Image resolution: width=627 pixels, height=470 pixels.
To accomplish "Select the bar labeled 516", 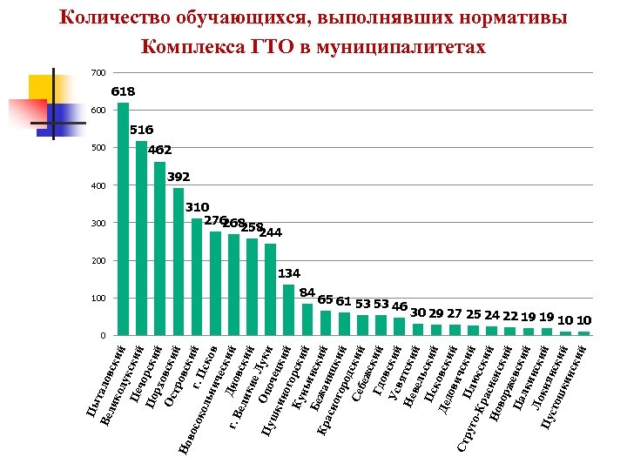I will coord(141,238).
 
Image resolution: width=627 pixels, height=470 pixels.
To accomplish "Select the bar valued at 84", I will coord(307,319).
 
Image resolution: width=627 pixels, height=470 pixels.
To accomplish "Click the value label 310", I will coord(197,207).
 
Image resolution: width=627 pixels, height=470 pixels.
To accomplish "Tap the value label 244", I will coord(271,232).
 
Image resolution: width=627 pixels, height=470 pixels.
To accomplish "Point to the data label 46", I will coord(400,306).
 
